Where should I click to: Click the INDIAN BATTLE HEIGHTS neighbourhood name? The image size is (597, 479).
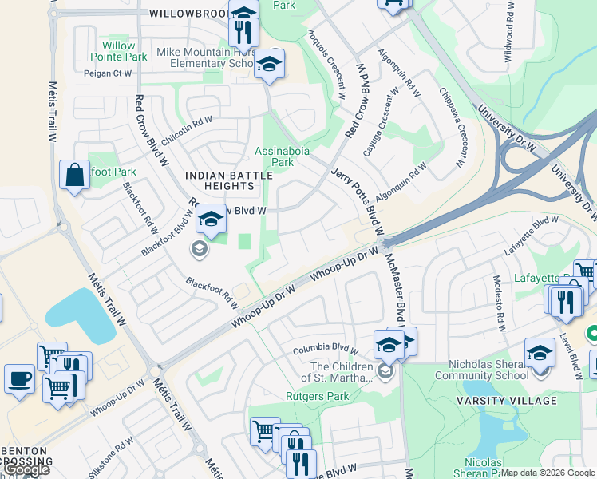(x=219, y=180)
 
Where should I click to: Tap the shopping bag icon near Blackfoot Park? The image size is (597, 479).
(x=74, y=176)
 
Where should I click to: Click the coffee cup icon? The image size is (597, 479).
(x=19, y=379)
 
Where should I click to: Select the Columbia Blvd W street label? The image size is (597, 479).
(x=325, y=349)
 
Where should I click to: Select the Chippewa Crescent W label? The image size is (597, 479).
(x=451, y=128)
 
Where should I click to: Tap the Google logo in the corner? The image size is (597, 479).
(x=26, y=470)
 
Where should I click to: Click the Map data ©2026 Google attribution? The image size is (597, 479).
(x=548, y=473)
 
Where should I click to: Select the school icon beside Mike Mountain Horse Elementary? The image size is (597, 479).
(x=270, y=65)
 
